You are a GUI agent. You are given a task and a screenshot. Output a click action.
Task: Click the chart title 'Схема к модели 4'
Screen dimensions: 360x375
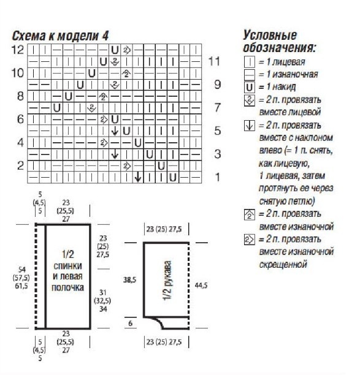pyautogui.click(x=60, y=36)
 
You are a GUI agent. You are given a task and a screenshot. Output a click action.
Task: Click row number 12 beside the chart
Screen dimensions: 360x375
pyautogui.click(x=18, y=50)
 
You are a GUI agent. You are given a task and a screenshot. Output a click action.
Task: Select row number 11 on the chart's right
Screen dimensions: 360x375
pyautogui.click(x=214, y=61)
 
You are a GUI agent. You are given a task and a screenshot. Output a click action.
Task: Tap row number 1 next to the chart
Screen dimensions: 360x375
pyautogui.click(x=217, y=177)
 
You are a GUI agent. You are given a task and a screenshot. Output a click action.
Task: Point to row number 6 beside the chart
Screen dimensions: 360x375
pyautogui.click(x=20, y=119)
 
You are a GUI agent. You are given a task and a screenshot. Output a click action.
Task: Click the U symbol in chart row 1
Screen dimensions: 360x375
pyautogui.click(x=173, y=178)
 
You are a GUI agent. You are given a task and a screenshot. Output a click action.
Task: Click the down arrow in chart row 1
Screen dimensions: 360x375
pyautogui.click(x=138, y=177)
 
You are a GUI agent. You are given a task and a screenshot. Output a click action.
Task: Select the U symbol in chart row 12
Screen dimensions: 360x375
pyautogui.click(x=115, y=50)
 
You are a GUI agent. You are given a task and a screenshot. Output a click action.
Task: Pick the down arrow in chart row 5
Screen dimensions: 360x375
pyautogui.click(x=115, y=131)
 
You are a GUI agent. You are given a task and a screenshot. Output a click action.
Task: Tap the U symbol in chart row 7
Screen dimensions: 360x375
pyautogui.click(x=56, y=108)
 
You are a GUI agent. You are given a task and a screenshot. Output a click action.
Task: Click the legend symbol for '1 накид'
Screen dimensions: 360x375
pyautogui.click(x=250, y=87)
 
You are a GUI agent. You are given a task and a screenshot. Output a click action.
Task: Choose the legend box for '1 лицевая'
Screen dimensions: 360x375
pyautogui.click(x=250, y=62)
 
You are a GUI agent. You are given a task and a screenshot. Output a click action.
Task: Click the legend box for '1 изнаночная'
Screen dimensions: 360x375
pyautogui.click(x=250, y=75)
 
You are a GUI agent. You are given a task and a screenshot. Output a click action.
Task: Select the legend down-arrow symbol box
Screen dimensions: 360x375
pyautogui.click(x=250, y=126)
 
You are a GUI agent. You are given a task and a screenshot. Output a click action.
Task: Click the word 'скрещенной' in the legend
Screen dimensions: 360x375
pyautogui.click(x=283, y=265)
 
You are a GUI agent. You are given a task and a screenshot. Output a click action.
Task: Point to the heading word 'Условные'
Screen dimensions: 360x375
pyautogui.click(x=270, y=36)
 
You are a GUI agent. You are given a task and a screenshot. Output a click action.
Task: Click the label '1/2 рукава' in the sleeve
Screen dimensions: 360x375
pyautogui.click(x=167, y=280)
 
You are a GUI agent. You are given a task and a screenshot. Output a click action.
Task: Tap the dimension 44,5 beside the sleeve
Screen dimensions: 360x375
pyautogui.click(x=201, y=286)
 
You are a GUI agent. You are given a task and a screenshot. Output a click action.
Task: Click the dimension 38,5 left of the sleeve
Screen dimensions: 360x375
pyautogui.click(x=130, y=279)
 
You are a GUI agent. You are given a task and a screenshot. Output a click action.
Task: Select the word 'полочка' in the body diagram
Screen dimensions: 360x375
pyautogui.click(x=67, y=287)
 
